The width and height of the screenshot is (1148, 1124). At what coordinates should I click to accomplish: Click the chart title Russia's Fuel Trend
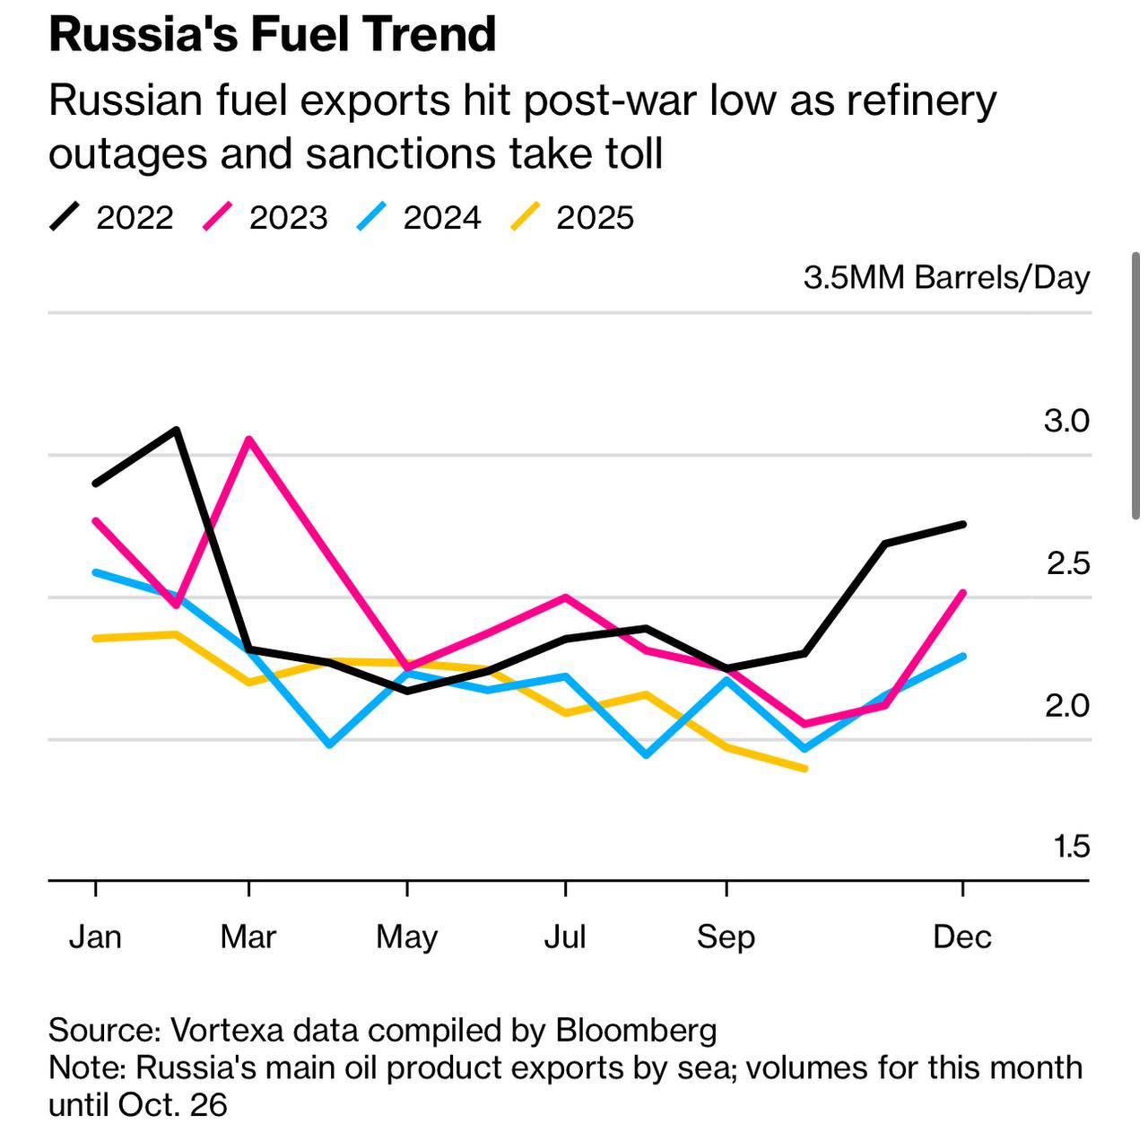(x=272, y=34)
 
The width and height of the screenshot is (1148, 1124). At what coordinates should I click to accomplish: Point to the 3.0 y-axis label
(x=1066, y=421)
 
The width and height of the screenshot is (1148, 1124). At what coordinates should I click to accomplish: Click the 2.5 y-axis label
(x=1067, y=563)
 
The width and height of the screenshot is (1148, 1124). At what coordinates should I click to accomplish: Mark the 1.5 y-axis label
(x=1072, y=846)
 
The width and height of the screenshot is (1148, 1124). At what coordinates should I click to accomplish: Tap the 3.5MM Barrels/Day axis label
(x=946, y=278)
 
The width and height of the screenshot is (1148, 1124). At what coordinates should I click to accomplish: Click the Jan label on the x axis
(x=95, y=937)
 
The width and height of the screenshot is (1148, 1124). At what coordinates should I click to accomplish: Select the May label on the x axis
(x=407, y=937)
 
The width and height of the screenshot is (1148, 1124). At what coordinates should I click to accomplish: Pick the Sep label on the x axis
(x=726, y=937)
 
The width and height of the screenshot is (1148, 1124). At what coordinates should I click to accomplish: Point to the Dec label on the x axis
(x=962, y=937)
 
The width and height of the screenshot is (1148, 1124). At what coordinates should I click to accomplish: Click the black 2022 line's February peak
(x=177, y=430)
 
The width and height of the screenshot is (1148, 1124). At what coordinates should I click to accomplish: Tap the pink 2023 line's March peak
(x=248, y=440)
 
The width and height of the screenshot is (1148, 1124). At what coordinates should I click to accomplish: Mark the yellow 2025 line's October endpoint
(x=805, y=768)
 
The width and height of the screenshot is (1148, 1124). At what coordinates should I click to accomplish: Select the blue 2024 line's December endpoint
(x=963, y=656)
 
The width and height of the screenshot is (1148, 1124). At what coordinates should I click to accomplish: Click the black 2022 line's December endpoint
(x=963, y=524)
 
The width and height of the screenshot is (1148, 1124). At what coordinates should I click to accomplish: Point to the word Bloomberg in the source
(x=637, y=1030)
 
